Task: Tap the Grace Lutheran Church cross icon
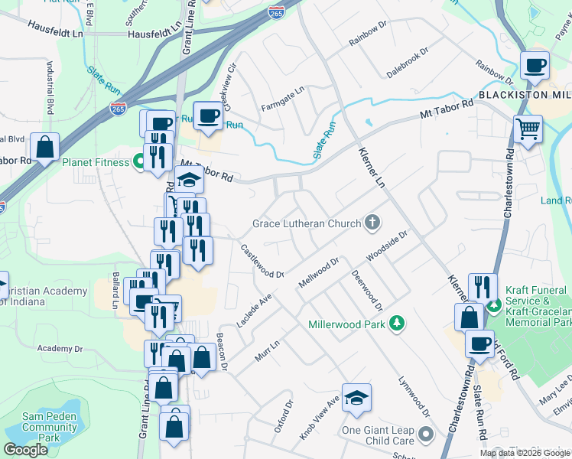(372, 223)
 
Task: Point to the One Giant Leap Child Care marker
(426, 436)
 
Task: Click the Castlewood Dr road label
(262, 261)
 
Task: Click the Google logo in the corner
(25, 450)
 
